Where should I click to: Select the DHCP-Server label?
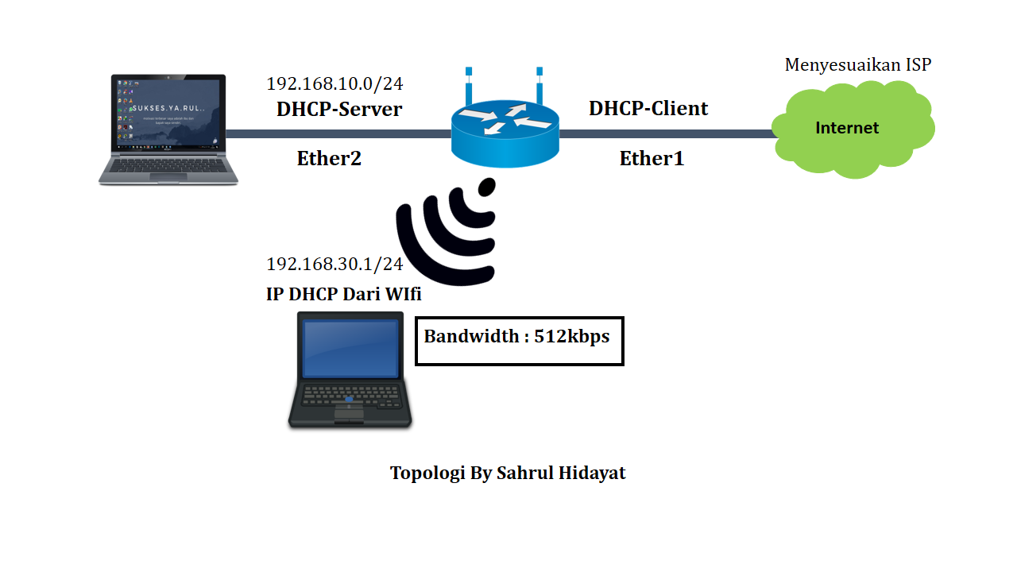339,110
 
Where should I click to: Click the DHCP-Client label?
648,109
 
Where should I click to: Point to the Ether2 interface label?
329,159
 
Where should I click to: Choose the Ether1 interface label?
652,159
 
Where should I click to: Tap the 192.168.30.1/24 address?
334,265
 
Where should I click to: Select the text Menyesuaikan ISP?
857,65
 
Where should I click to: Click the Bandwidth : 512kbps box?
519,341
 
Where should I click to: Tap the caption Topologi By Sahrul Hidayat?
508,473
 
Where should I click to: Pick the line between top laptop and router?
338,134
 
